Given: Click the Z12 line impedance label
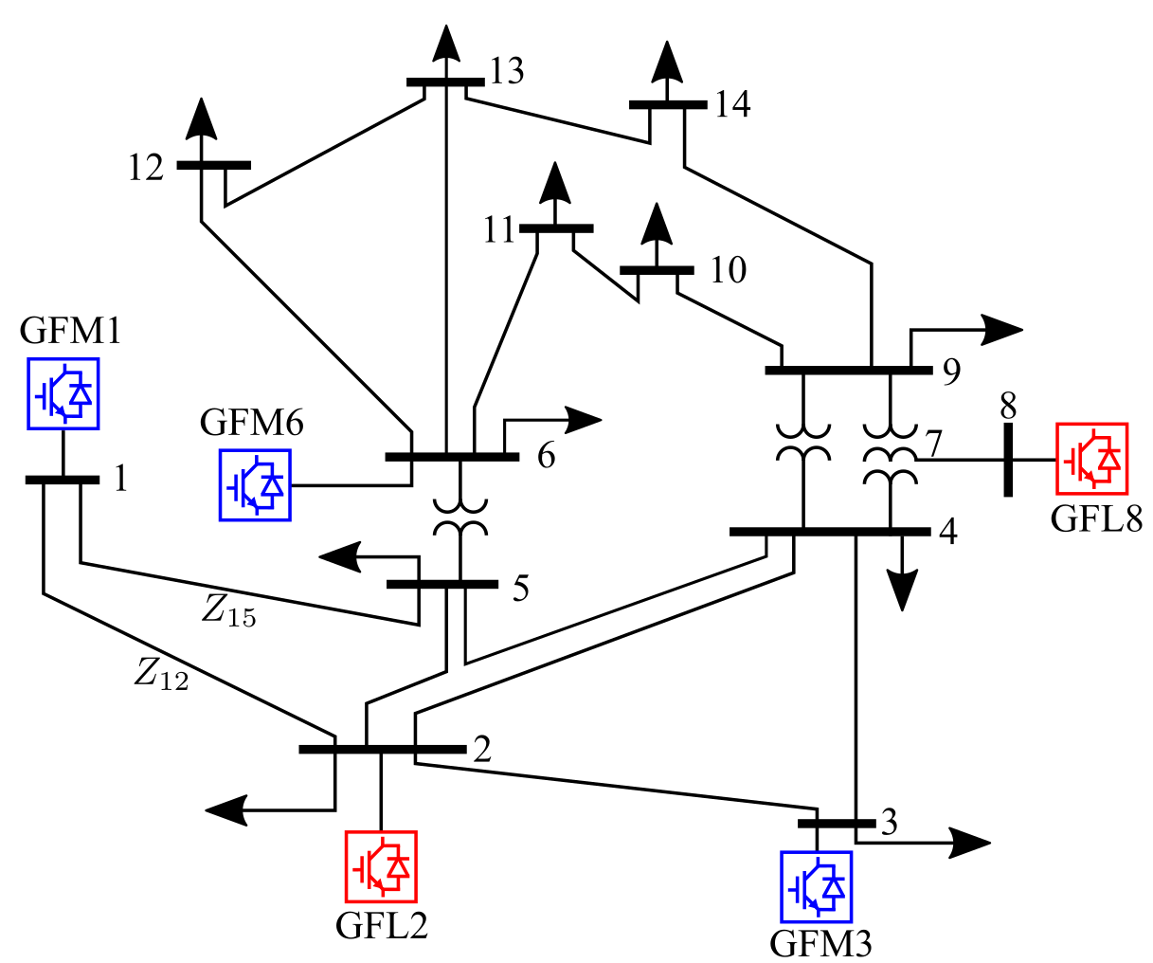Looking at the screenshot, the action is click(161, 674).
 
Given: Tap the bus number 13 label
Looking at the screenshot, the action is click(507, 71).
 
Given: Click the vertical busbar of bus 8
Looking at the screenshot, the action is click(1008, 460).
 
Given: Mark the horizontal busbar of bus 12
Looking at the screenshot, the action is click(214, 165).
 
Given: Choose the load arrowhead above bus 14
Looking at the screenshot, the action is click(667, 62).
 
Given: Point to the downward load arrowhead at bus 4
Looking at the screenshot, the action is click(902, 591).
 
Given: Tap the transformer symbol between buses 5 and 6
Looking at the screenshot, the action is click(460, 518).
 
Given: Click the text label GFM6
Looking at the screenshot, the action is click(252, 423).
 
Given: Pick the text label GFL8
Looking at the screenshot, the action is click(1096, 519).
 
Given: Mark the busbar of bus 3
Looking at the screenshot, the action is click(837, 824).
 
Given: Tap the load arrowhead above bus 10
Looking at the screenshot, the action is click(657, 223).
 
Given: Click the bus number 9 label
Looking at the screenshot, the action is click(951, 371).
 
